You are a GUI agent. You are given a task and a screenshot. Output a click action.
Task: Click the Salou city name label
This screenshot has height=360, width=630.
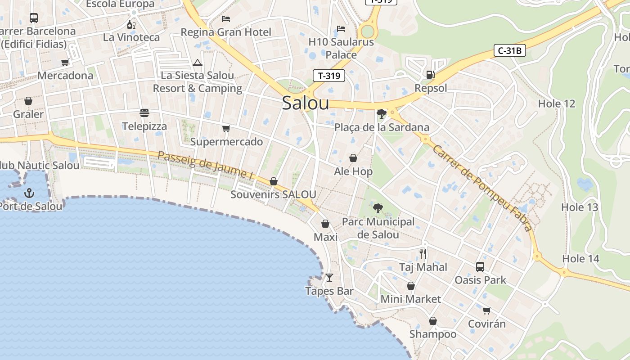click(306, 103)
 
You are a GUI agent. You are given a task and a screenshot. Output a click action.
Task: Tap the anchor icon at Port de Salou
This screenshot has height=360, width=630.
click(29, 193)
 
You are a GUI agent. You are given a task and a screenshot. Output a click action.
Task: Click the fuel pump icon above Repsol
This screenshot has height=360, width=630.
click(430, 75)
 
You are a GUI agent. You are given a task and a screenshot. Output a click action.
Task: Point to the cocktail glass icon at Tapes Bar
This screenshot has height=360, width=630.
click(329, 277)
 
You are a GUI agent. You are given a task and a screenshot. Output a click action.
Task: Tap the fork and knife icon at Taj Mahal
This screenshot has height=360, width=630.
click(423, 254)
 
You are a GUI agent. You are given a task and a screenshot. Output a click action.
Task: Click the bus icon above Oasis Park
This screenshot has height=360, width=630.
click(480, 266)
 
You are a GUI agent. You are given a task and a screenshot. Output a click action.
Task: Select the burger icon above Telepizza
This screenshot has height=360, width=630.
click(144, 112)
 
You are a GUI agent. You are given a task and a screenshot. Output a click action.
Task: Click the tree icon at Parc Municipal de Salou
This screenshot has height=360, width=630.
click(378, 208)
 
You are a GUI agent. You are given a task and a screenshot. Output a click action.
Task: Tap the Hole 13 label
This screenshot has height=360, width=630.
click(580, 207)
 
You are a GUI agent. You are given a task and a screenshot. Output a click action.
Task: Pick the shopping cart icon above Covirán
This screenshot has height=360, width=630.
click(486, 310)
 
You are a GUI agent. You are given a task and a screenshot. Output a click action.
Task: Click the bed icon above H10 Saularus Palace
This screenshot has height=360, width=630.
click(341, 29)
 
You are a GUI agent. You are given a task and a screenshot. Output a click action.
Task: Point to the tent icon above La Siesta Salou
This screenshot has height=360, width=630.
click(197, 63)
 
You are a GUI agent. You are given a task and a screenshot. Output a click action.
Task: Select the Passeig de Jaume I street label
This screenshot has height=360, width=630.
click(205, 165)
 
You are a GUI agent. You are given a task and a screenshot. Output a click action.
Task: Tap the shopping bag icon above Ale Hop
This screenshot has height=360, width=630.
click(353, 158)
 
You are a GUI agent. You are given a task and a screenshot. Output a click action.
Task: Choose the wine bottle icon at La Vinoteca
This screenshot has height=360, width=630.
click(131, 24)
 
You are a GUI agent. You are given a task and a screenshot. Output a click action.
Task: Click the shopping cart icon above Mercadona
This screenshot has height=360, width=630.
click(65, 62)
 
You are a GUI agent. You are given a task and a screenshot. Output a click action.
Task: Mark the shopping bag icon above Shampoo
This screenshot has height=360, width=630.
click(432, 321)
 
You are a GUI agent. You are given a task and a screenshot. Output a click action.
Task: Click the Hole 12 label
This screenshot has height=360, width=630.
click(557, 103)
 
